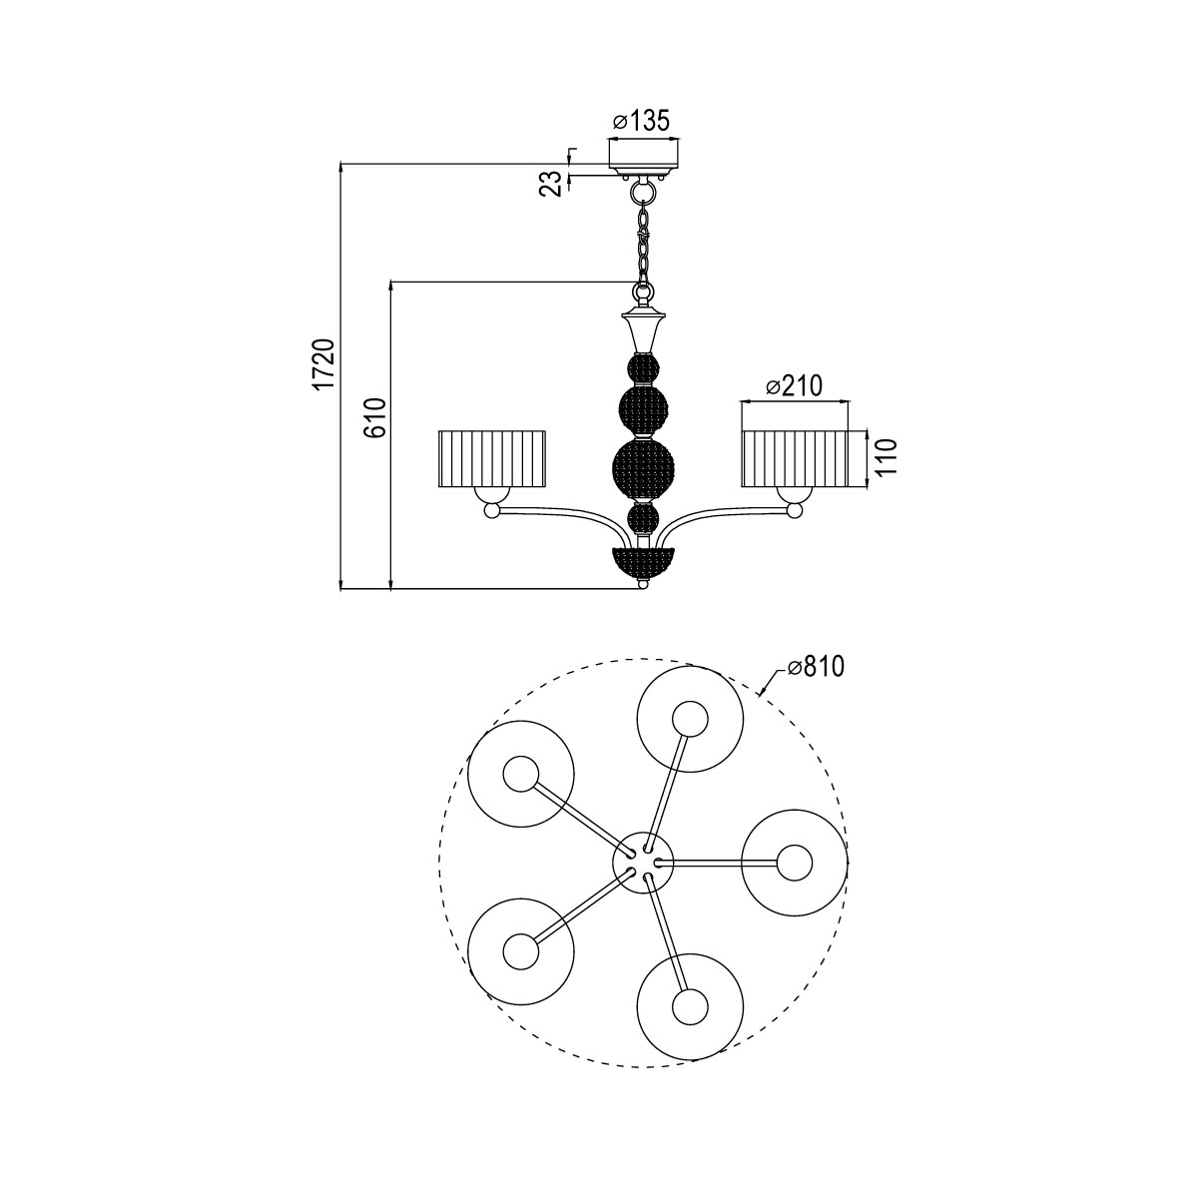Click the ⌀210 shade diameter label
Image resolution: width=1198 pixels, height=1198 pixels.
pos(793,386)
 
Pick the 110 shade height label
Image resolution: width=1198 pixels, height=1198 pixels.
pos(888,456)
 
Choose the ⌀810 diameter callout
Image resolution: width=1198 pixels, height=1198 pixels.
pos(815,667)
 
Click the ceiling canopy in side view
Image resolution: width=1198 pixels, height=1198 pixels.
pos(645,154)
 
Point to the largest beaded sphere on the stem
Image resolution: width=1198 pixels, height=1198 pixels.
pos(643,466)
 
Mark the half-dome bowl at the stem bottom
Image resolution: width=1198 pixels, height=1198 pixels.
pos(643,561)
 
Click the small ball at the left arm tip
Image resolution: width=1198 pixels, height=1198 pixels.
pos(491,511)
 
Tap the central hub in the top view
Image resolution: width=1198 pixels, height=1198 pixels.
pos(643,862)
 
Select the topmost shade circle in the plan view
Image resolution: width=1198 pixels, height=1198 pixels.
pos(689,720)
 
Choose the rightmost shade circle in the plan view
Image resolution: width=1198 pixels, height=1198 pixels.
pos(795,864)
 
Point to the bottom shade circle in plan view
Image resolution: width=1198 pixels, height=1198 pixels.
pos(688,1005)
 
